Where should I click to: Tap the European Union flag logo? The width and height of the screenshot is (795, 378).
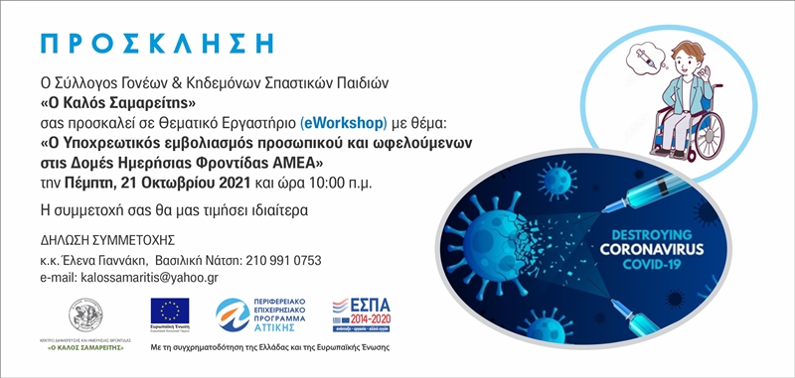point(169,311)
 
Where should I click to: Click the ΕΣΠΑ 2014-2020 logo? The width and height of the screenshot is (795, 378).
point(362,315)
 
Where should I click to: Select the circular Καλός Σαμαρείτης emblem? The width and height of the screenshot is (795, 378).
point(85,315)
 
